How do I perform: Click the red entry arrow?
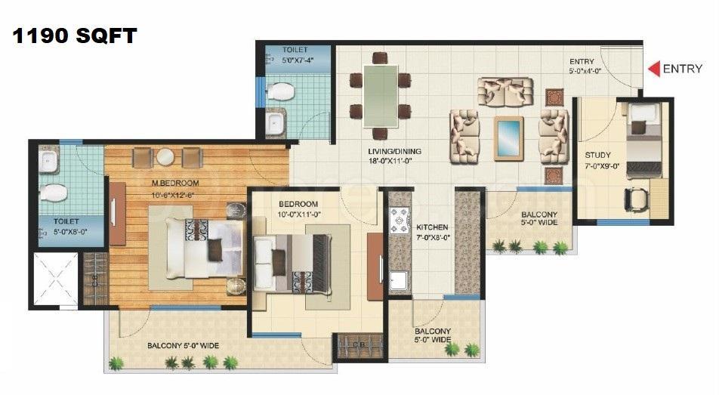pyautogui.click(x=654, y=69)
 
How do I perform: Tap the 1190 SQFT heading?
pyautogui.click(x=74, y=35)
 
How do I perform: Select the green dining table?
pyautogui.click(x=381, y=96)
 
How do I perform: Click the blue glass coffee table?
pyautogui.click(x=508, y=139)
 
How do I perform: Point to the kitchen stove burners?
pyautogui.click(x=399, y=221)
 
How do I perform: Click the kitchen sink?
pyautogui.click(x=399, y=281)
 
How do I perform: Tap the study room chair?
pyautogui.click(x=637, y=199)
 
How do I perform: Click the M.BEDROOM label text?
pyautogui.click(x=175, y=183)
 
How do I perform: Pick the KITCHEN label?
pyautogui.click(x=432, y=227)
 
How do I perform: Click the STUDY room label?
pyautogui.click(x=597, y=155)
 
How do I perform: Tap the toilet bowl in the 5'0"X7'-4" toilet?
pyautogui.click(x=280, y=91)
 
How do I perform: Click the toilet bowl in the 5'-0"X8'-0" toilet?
pyautogui.click(x=53, y=193)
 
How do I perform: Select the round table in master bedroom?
pyautogui.click(x=165, y=157)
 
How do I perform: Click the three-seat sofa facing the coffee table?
pyautogui.click(x=505, y=91)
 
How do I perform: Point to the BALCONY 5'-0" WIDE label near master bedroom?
pyautogui.click(x=183, y=345)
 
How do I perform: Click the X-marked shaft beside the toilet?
pyautogui.click(x=55, y=279)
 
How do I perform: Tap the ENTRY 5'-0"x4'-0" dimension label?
pyautogui.click(x=585, y=66)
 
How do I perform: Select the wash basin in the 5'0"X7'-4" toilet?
pyautogui.click(x=276, y=122)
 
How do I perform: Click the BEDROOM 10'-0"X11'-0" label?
pyautogui.click(x=298, y=208)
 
